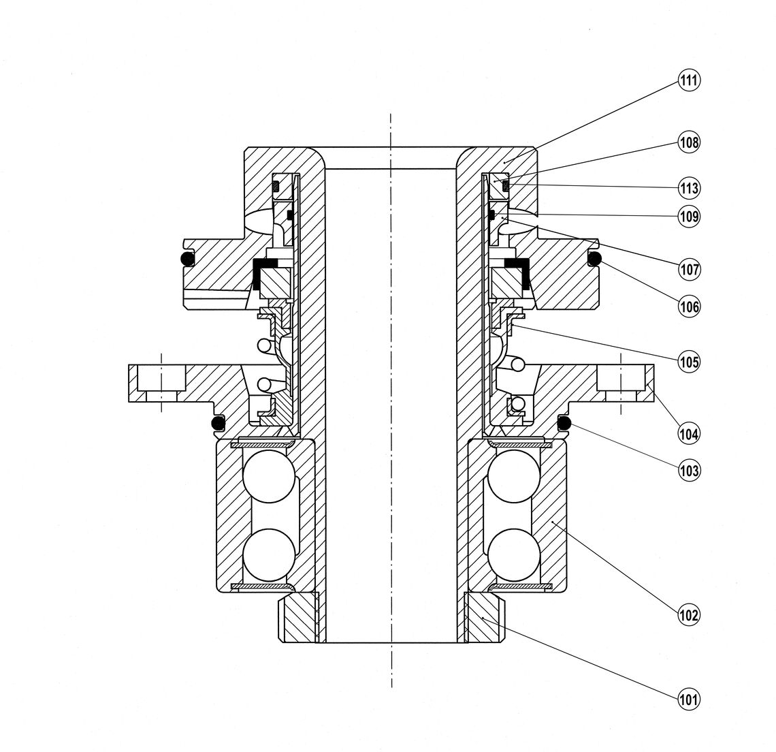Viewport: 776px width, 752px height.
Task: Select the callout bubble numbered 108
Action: click(689, 142)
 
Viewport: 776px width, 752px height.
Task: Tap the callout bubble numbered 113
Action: click(689, 187)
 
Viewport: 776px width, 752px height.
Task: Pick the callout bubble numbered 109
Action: click(689, 217)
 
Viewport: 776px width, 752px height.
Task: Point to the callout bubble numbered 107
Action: click(689, 269)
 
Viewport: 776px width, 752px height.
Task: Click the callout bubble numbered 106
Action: click(689, 306)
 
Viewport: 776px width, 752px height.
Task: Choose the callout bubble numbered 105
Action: click(689, 360)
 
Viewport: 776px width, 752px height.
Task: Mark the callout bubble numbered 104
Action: click(689, 433)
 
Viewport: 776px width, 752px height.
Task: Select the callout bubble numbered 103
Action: click(689, 470)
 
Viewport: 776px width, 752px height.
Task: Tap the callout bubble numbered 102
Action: click(689, 616)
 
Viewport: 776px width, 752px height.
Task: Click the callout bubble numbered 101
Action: click(689, 698)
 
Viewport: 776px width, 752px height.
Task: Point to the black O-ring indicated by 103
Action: click(564, 424)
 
